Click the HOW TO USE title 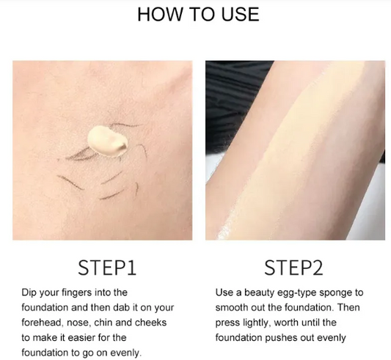[x=198, y=14]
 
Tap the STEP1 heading [x=107, y=268]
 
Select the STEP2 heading [x=293, y=268]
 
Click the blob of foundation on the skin [x=108, y=142]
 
